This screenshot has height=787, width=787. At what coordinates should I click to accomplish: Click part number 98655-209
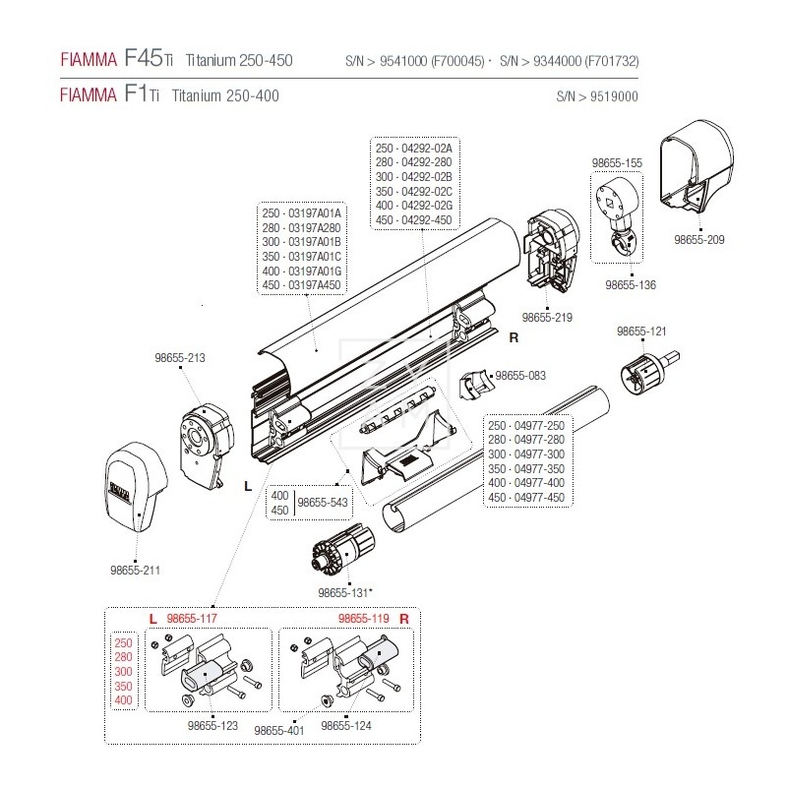[699, 238]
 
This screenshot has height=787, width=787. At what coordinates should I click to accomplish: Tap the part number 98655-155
[617, 162]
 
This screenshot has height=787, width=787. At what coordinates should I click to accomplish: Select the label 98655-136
[631, 284]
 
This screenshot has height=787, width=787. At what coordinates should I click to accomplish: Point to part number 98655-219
[547, 318]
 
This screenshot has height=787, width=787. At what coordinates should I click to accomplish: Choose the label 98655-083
[521, 375]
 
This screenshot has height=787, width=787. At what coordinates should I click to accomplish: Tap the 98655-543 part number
[324, 502]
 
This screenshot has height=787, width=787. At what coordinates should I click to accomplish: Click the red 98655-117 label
[191, 618]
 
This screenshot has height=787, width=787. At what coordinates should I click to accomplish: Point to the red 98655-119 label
[363, 618]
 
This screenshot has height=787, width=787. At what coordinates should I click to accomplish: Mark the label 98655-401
[278, 731]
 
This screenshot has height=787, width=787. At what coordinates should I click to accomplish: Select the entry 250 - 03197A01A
[300, 212]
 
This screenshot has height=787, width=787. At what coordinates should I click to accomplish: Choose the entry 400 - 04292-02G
[412, 206]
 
